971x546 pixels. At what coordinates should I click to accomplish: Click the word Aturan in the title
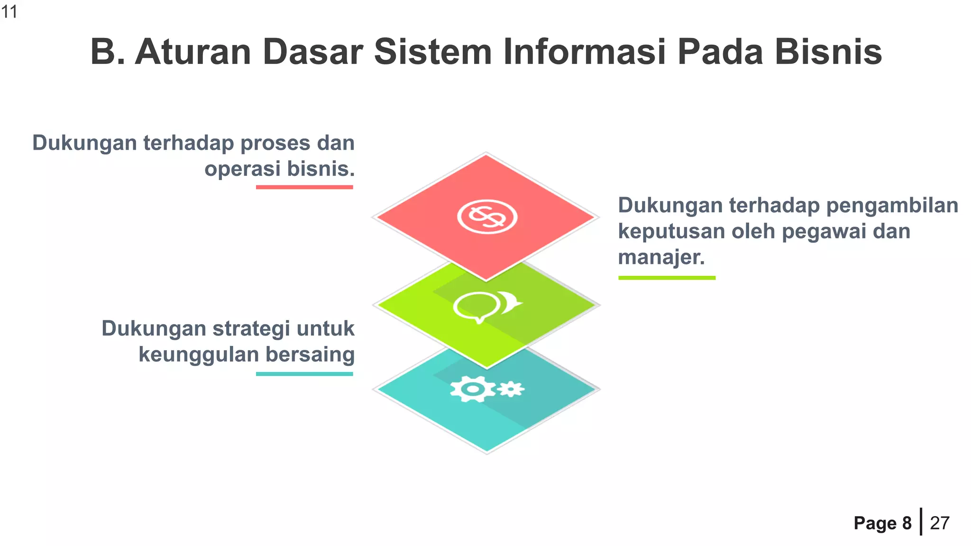click(193, 52)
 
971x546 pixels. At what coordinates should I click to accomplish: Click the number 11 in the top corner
click(9, 11)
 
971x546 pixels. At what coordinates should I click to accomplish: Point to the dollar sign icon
click(487, 217)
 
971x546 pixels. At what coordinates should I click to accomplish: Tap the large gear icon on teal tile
click(473, 389)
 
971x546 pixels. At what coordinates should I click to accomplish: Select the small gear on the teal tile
click(511, 389)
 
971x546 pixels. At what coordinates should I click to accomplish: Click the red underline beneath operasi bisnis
click(304, 187)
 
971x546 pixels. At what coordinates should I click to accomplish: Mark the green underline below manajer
click(667, 278)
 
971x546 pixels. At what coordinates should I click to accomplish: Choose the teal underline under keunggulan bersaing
click(304, 374)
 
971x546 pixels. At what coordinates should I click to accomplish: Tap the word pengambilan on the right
click(892, 206)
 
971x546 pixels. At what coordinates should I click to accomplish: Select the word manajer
click(661, 257)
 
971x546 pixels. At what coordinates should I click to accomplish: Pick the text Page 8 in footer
click(882, 523)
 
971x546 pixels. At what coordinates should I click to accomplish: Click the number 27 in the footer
click(940, 523)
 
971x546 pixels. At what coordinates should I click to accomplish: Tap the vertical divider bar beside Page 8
click(921, 521)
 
